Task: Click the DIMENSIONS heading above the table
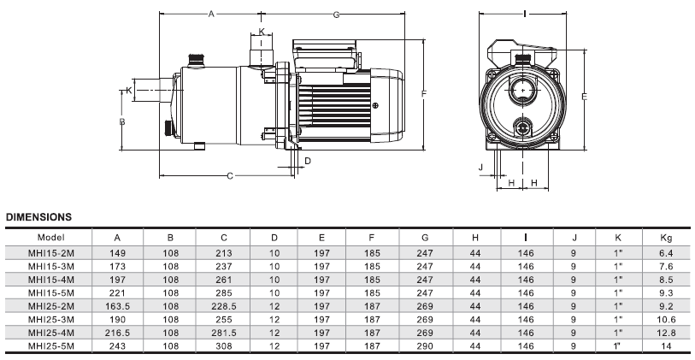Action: click(38, 217)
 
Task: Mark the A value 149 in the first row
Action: click(117, 253)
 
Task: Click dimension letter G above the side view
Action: click(337, 15)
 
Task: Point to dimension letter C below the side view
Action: click(229, 176)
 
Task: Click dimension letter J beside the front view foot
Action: click(481, 167)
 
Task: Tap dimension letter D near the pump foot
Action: click(308, 160)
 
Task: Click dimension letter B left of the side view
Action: click(123, 122)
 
